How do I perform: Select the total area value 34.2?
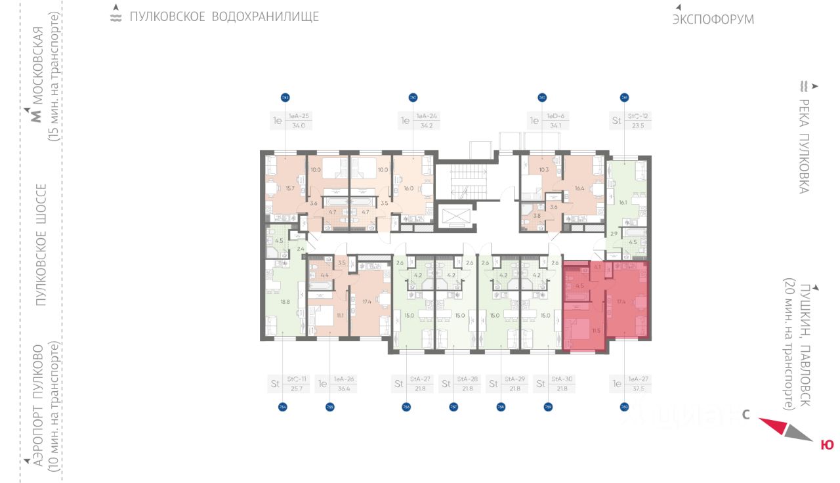point(426,125)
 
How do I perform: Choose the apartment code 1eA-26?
point(345,379)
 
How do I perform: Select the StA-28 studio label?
point(468,379)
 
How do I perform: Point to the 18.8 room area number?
point(285,301)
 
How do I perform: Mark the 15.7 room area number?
point(289,188)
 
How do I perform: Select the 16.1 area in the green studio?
point(621,203)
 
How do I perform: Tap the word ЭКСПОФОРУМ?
point(713,19)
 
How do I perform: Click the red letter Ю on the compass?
point(827,445)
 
